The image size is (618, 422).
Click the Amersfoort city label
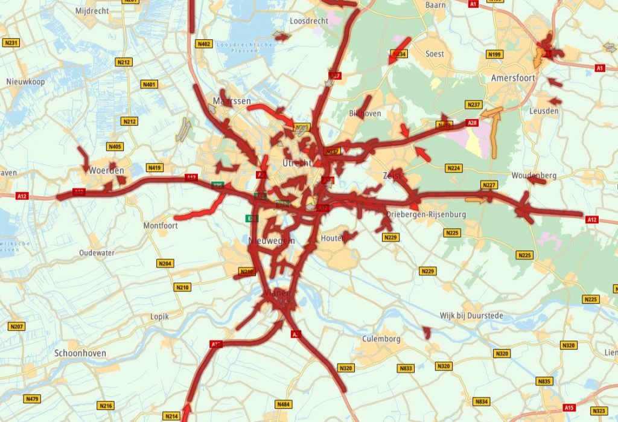pos(513,78)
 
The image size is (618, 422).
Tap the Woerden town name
pos(106,171)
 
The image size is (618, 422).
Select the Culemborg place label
pos(381,339)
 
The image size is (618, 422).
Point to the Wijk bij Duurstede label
pos(471,316)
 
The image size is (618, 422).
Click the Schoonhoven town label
pos(80,353)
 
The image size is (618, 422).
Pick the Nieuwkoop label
pos(25,82)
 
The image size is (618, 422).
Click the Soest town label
pos(435,54)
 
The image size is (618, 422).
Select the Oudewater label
pos(97,253)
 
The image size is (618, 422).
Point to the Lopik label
pos(159,316)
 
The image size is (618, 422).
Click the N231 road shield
pos(11,43)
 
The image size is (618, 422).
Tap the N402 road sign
pos(204,44)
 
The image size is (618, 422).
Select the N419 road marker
pos(155,168)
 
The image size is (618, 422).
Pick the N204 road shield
pos(165,263)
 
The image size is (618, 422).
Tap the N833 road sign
pos(406,368)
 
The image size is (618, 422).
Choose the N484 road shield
pos(282,403)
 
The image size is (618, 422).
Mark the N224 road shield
pos(454,167)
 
